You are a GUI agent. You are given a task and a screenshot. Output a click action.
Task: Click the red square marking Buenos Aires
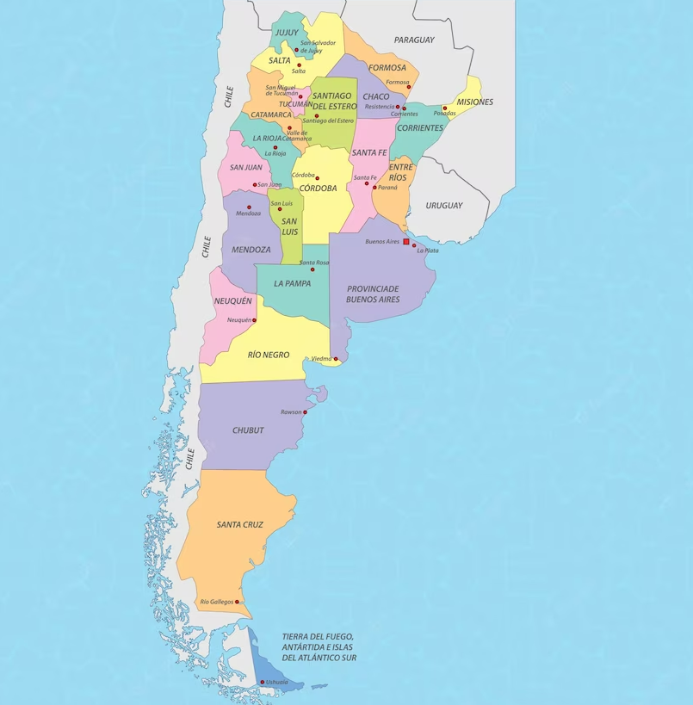[x=406, y=242]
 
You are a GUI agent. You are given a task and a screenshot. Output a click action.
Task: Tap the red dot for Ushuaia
[x=263, y=683]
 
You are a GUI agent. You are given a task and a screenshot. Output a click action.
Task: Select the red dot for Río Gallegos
[x=237, y=602]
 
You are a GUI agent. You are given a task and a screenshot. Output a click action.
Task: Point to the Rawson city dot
[x=305, y=412]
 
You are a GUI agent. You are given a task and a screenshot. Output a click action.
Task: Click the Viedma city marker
[x=336, y=359]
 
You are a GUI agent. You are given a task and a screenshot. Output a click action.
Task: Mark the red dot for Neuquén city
[x=254, y=320]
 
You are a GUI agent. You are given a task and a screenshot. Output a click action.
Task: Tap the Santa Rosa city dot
[x=312, y=269]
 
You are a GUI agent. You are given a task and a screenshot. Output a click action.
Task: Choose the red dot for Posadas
[x=445, y=108]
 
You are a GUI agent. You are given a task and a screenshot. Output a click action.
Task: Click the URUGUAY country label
[x=444, y=206]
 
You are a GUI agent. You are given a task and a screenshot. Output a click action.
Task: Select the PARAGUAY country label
[x=414, y=40]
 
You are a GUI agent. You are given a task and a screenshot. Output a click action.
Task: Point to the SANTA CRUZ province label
[x=240, y=524]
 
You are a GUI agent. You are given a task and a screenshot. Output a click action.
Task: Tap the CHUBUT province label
[x=248, y=430]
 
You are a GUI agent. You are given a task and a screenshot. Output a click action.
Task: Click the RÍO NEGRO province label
[x=269, y=355]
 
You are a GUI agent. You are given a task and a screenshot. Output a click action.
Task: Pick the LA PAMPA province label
[x=293, y=283]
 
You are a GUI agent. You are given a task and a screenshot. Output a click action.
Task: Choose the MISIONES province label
[x=475, y=102]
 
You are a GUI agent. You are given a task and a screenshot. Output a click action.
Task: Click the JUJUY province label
[x=287, y=33]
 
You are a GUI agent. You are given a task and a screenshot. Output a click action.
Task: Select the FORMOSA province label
[x=387, y=67]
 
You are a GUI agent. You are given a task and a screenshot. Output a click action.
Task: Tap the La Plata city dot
[x=414, y=245]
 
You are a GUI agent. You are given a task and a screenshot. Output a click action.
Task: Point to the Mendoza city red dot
[x=250, y=207]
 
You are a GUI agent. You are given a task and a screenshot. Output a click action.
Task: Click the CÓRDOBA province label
[x=319, y=189]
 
